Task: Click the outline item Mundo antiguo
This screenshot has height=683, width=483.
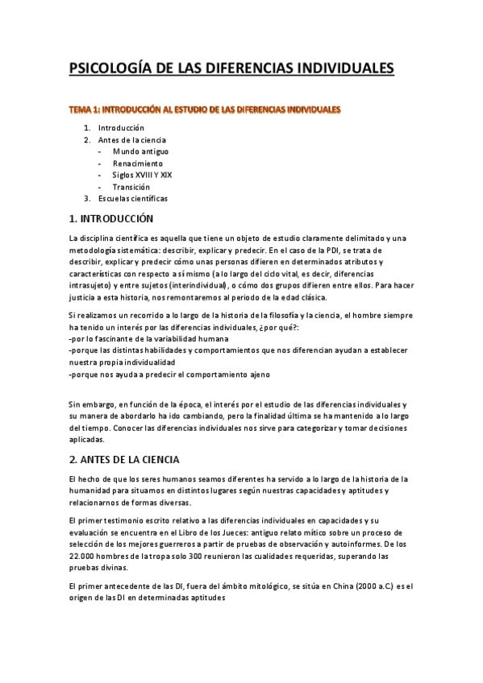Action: coord(141,151)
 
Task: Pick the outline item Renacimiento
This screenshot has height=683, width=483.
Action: coord(137,163)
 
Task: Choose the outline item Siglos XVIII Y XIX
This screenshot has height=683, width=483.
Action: coord(143,175)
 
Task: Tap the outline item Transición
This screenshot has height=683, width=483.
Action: coord(131,187)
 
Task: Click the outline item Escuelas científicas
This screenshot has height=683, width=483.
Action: coord(133,198)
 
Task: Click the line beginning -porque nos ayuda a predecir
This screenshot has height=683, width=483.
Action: coord(170,375)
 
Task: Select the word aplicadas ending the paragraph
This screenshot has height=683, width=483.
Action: coord(87,440)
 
